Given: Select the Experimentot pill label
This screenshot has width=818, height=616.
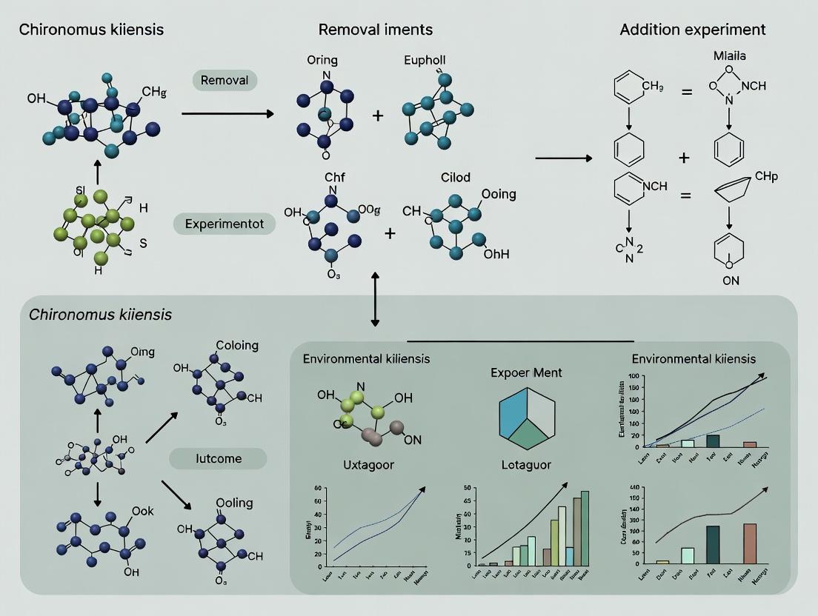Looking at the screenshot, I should click(224, 224).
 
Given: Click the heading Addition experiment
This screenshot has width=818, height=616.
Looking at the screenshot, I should click(692, 30).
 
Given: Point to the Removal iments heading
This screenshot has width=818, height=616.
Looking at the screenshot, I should click(375, 30).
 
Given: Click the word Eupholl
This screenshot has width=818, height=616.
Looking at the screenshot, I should click(425, 61).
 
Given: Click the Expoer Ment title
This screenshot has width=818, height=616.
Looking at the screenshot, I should click(526, 372).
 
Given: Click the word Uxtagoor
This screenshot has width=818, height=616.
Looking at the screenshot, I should click(368, 465).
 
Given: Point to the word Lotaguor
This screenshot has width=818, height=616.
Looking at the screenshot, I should click(528, 465).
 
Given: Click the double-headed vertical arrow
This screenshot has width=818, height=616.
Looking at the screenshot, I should click(375, 299).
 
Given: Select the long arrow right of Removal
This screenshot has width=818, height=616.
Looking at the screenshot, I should click(227, 113).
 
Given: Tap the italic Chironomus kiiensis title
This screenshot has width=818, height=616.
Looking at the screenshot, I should click(100, 315).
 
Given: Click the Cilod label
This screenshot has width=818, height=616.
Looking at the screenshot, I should click(455, 178).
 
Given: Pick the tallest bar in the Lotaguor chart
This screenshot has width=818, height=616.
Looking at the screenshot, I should click(585, 528).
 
